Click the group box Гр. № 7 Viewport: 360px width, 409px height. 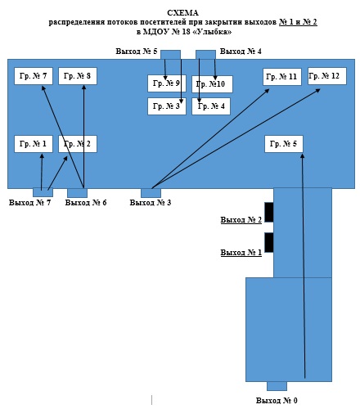tap(34, 76)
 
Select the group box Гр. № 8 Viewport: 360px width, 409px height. tap(78, 76)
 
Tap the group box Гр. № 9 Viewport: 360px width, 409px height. tap(167, 83)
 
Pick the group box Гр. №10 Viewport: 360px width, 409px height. tap(212, 84)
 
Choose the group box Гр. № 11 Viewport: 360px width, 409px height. tap(282, 77)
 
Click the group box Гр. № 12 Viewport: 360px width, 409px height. tap(327, 76)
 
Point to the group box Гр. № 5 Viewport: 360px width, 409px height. tap(284, 144)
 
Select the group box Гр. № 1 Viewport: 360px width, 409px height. tap(34, 144)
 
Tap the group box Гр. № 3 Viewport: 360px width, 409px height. tap(167, 106)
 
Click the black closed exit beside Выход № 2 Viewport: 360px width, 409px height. tap(269, 212)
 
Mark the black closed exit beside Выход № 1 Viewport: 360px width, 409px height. tap(269, 242)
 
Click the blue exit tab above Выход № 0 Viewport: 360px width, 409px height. tap(277, 386)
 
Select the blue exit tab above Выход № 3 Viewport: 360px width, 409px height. tap(151, 193)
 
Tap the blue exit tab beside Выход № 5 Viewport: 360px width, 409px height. tap(170, 55)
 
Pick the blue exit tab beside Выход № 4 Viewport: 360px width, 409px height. tap(205, 55)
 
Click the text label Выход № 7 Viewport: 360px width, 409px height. tap(29, 203)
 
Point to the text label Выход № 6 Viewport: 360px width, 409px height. tap(86, 203)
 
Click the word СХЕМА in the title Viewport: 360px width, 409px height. tap(182, 13)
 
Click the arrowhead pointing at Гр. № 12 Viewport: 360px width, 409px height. tap(317, 91)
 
